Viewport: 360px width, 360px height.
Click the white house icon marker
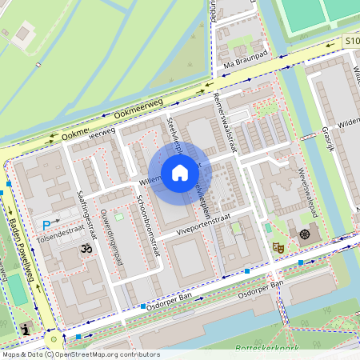point(179,173)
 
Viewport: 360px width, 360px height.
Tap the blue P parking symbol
point(46,226)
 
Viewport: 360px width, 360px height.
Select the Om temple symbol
point(86,250)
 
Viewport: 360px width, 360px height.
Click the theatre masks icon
point(280,248)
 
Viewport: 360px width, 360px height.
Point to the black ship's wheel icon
point(304,235)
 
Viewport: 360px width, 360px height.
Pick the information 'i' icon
point(27,328)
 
